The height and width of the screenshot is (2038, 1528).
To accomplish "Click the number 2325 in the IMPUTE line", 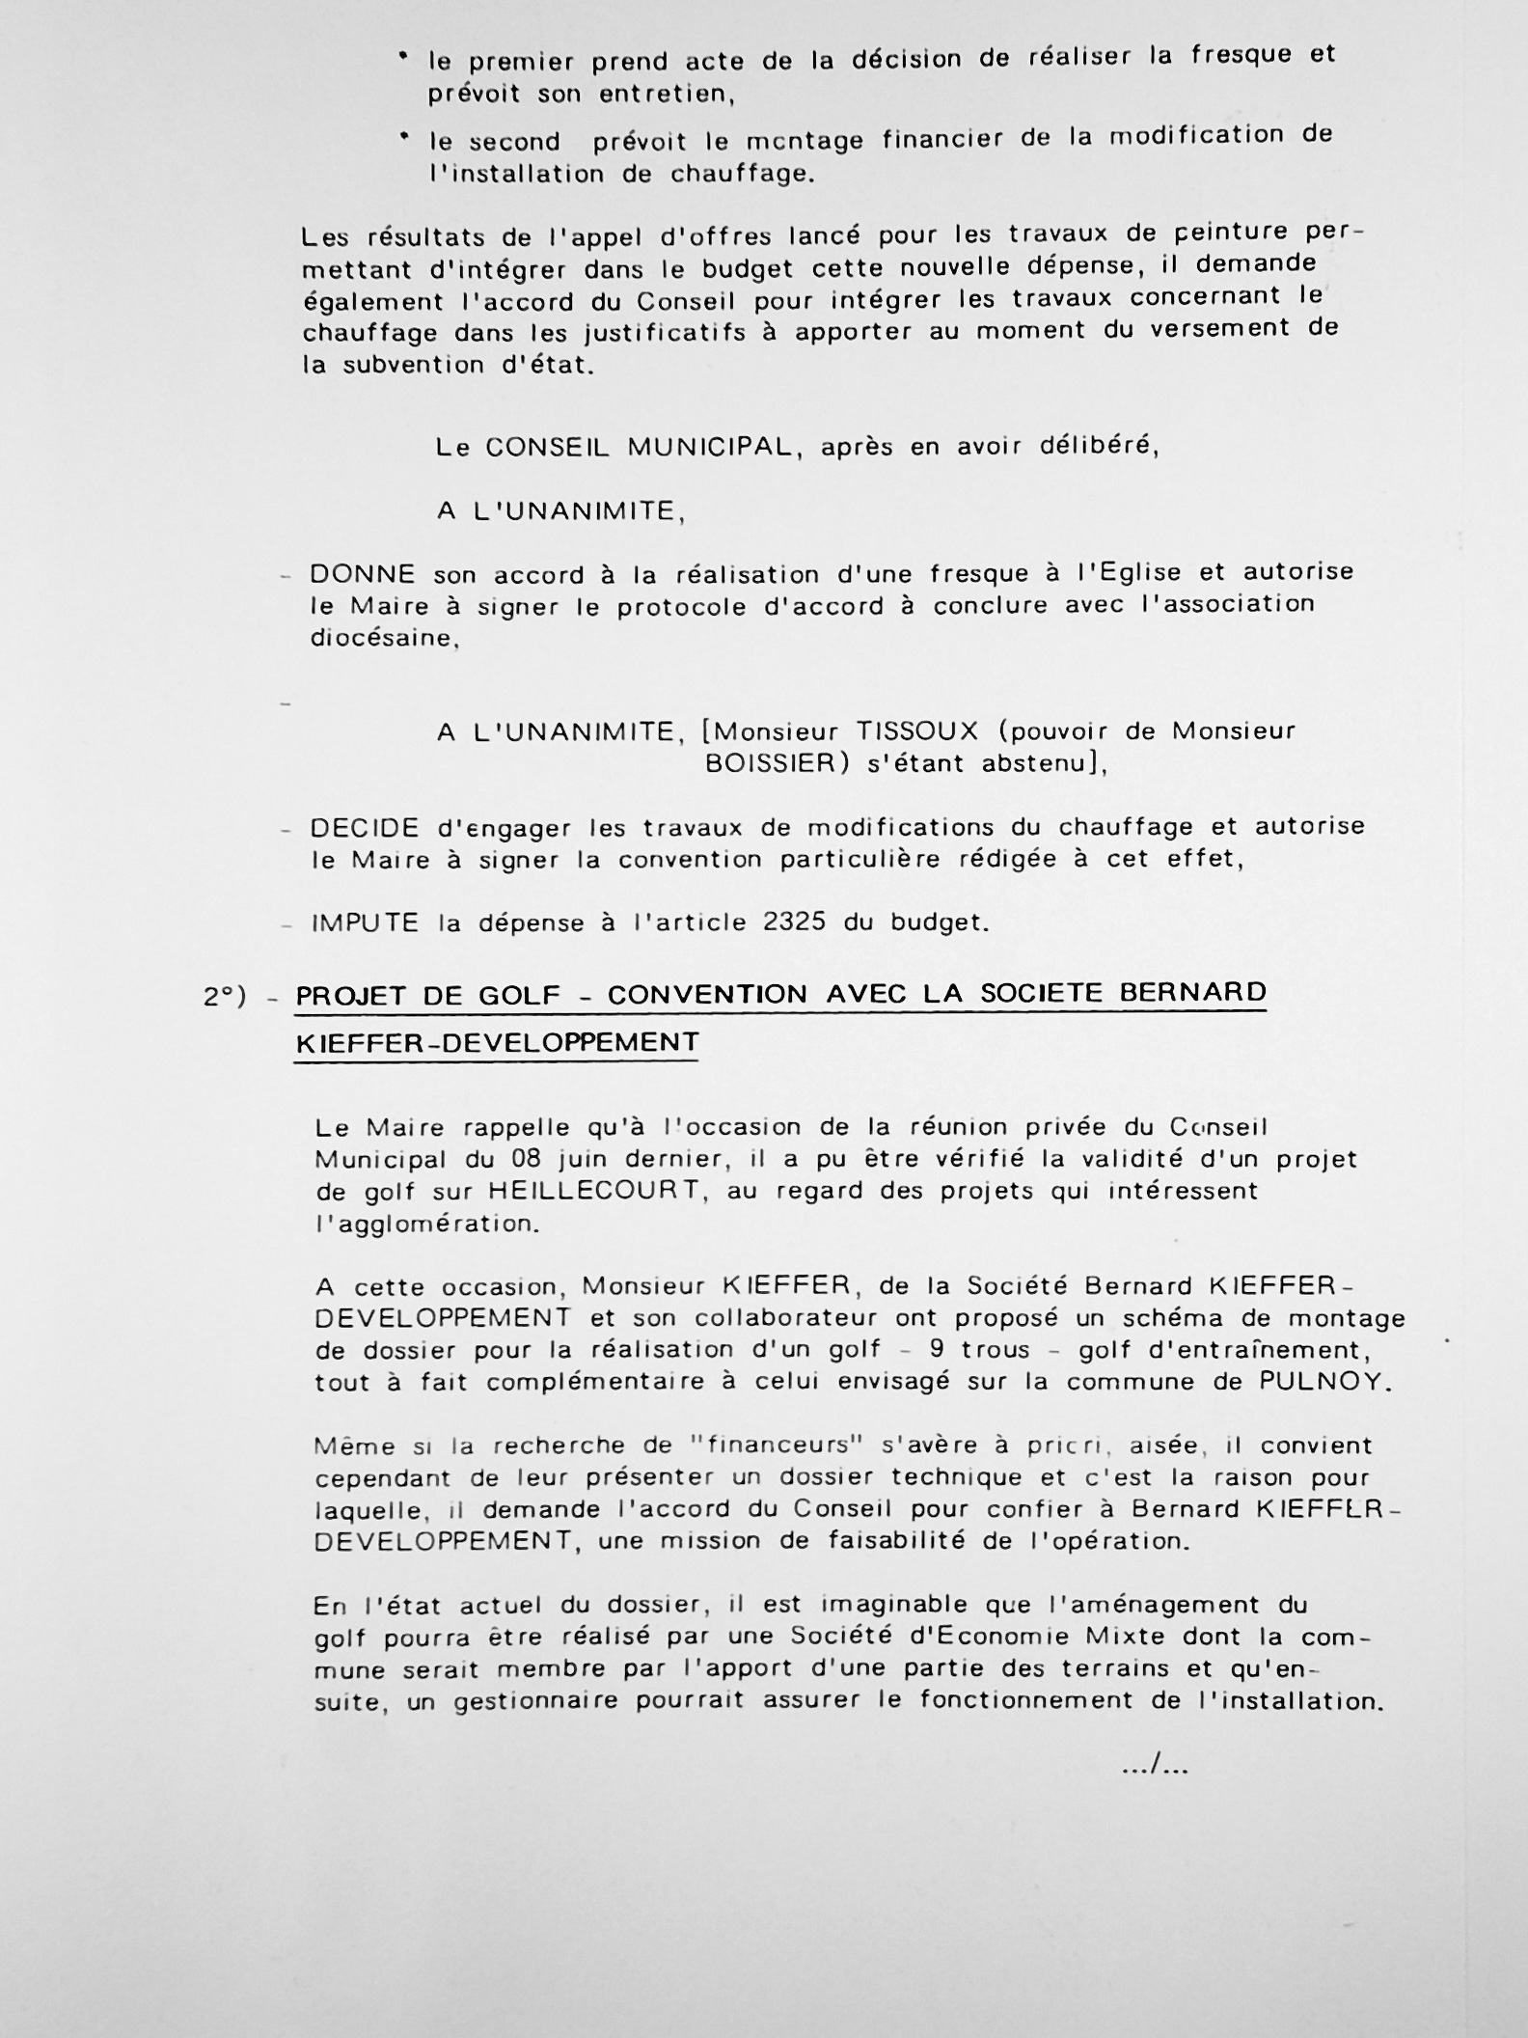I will (794, 922).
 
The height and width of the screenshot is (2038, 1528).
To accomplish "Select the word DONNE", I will (362, 575).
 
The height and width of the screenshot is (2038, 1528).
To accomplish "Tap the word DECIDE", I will (364, 828).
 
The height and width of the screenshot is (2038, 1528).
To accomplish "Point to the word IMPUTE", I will (364, 923).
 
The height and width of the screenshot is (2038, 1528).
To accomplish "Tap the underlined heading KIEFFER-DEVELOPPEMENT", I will (496, 1043).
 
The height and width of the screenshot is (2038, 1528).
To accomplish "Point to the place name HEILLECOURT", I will (593, 1190).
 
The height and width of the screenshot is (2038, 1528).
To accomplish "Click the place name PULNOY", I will (1325, 1381).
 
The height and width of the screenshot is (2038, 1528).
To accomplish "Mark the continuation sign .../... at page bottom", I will (1155, 1767).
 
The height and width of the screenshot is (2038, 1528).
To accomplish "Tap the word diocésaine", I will (383, 639).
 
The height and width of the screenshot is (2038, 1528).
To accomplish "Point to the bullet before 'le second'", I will (404, 138).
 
